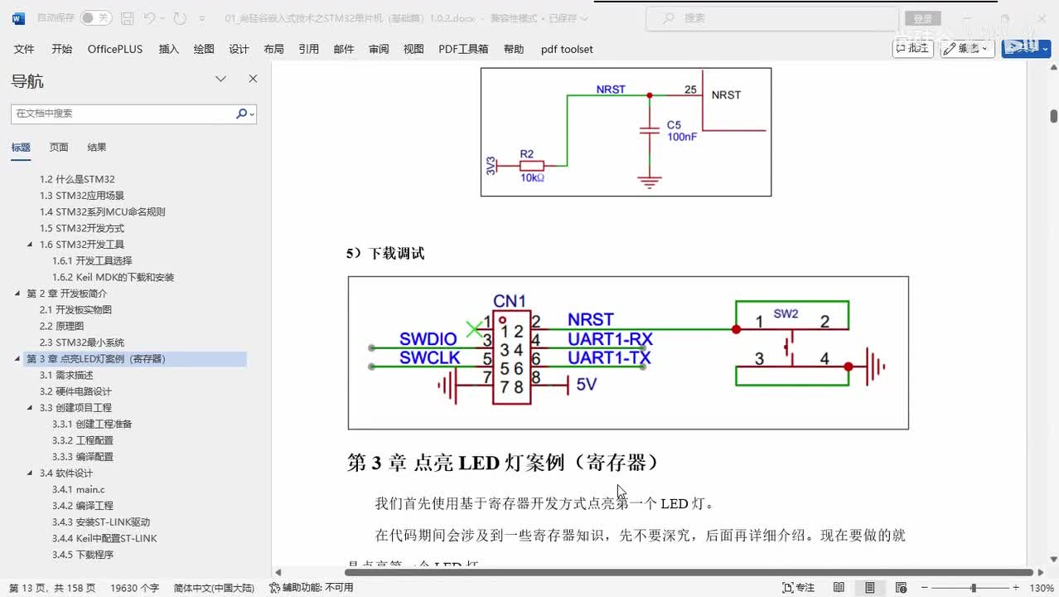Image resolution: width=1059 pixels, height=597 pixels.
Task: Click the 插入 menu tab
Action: pos(168,49)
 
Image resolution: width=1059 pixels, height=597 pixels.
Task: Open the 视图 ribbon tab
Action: pos(413,49)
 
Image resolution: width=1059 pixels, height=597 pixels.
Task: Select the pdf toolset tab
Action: pos(567,49)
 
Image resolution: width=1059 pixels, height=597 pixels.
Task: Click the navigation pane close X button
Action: pos(253,79)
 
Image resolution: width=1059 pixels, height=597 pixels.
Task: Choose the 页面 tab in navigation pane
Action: pos(59,148)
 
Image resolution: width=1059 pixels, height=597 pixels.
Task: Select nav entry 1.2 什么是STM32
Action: pos(77,179)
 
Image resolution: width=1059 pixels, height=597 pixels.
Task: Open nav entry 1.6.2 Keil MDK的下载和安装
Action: pos(113,277)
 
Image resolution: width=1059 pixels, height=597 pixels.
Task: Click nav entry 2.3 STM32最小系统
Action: pos(82,342)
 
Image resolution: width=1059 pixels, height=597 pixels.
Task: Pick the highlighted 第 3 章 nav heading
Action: pos(96,359)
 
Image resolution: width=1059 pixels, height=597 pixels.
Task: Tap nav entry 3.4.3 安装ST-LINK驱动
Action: pos(101,522)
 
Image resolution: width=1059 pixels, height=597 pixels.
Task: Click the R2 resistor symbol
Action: pos(531,166)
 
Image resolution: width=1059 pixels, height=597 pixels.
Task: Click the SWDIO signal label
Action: pos(428,339)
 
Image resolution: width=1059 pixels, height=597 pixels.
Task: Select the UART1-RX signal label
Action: pos(610,339)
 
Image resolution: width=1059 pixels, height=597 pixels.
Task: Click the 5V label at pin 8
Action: pos(587,385)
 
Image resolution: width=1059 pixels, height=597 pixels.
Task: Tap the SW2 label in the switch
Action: pos(786,314)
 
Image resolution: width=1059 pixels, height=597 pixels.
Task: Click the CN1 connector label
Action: pos(510,301)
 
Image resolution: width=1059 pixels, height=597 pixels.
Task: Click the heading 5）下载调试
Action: pos(385,254)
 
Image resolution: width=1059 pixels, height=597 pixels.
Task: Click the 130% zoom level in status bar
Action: pos(1042,588)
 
